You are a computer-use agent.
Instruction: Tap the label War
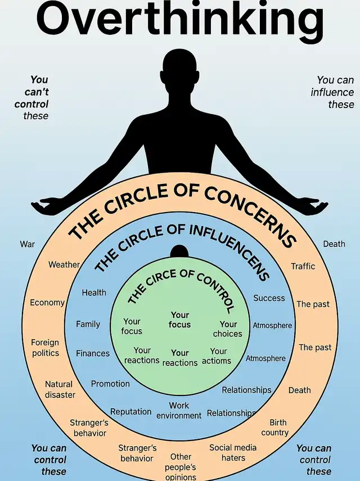coord(28,244)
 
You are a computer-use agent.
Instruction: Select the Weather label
coord(64,264)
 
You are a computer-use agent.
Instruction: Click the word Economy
coord(47,303)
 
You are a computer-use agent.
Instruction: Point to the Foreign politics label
coord(45,348)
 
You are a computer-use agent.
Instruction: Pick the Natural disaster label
coord(60,390)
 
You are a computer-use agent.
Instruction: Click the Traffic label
coord(303,266)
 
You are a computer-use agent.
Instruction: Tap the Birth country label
coord(275,428)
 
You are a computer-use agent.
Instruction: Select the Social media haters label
coord(233,453)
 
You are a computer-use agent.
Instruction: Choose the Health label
coord(94,293)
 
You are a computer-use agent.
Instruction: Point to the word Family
coord(88,324)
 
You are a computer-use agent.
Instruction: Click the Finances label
coord(93,353)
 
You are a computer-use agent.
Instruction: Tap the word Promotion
coord(110,384)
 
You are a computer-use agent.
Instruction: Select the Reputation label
coord(131,412)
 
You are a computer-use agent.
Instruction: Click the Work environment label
coord(179,410)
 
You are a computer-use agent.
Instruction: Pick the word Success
coord(269,298)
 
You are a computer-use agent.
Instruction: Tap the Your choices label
coord(228,329)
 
